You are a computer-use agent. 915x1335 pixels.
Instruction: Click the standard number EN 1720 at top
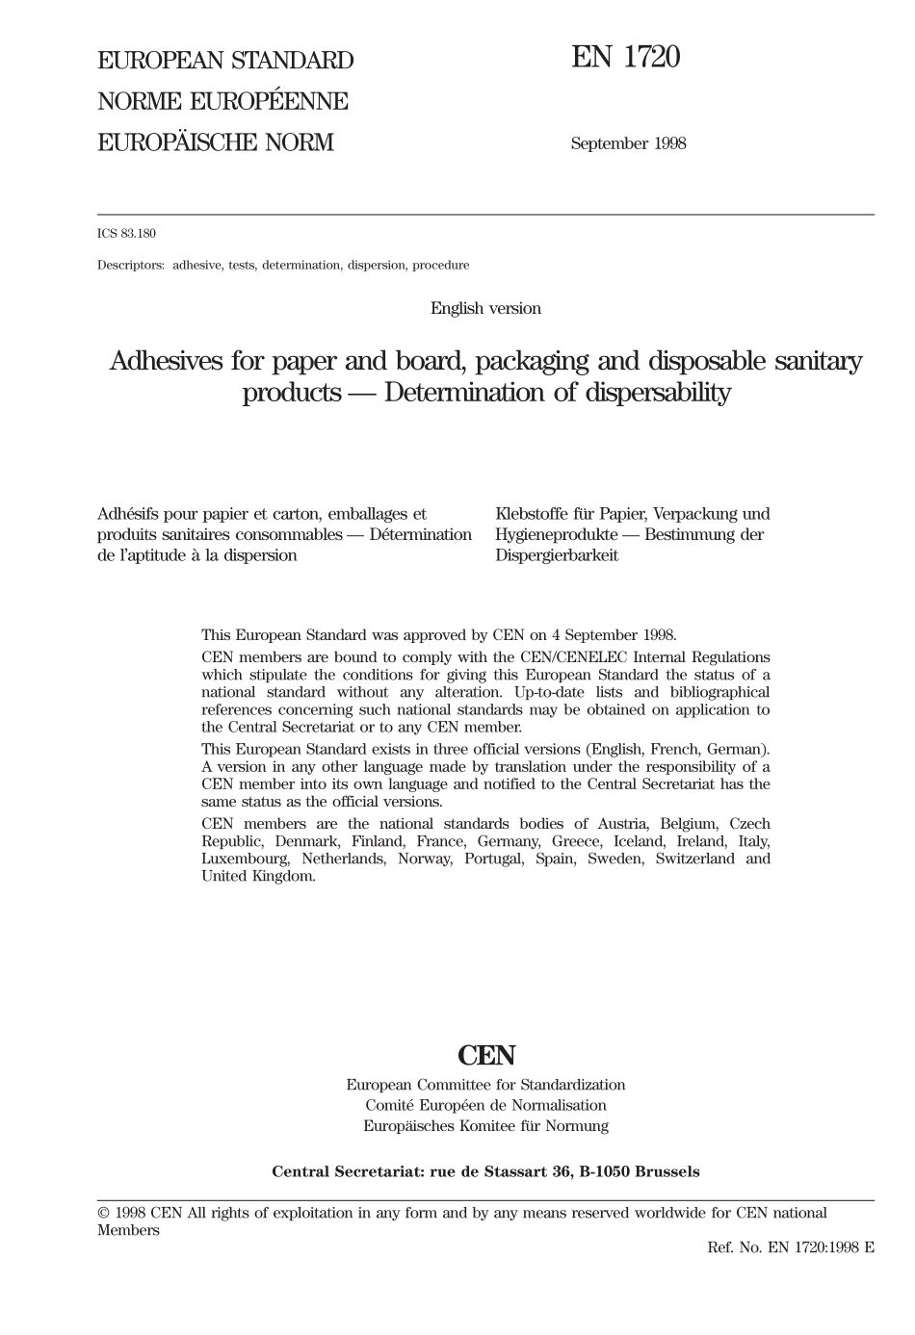625,58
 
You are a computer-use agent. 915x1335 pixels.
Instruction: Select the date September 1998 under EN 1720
628,143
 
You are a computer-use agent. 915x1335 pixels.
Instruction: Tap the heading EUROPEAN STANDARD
225,61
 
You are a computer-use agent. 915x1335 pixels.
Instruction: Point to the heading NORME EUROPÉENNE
222,102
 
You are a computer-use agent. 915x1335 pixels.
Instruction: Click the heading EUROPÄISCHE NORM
215,143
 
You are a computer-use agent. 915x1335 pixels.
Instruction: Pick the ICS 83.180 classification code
126,234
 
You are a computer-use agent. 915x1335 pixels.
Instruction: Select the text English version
485,309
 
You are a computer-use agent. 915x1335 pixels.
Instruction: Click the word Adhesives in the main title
166,362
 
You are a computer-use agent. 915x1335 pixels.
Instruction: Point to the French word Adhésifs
128,514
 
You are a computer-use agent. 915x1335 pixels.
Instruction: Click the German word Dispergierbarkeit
557,555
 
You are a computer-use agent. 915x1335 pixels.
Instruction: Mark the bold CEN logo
486,1056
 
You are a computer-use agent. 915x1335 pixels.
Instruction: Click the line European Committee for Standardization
485,1085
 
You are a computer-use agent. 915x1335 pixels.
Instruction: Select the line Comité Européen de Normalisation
485,1105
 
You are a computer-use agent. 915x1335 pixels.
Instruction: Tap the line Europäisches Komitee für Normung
485,1125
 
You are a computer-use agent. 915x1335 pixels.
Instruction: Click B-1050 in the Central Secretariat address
606,1172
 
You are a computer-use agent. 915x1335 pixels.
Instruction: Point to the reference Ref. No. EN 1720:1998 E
790,1247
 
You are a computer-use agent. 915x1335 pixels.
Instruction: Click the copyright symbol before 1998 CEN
103,1214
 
